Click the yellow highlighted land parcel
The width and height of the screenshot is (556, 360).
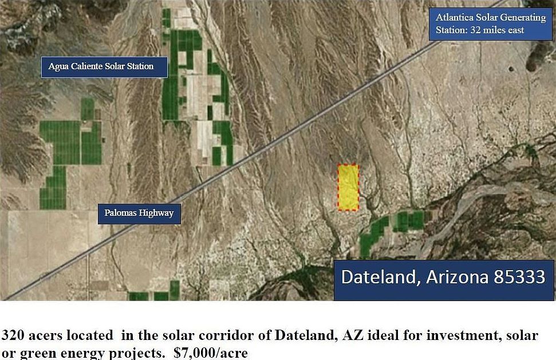pyautogui.click(x=348, y=187)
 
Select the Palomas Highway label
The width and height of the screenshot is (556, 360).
pyautogui.click(x=139, y=213)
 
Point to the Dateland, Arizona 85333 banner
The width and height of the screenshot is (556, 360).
pyautogui.click(x=443, y=278)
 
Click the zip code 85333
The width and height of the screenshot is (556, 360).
pyautogui.click(x=518, y=278)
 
